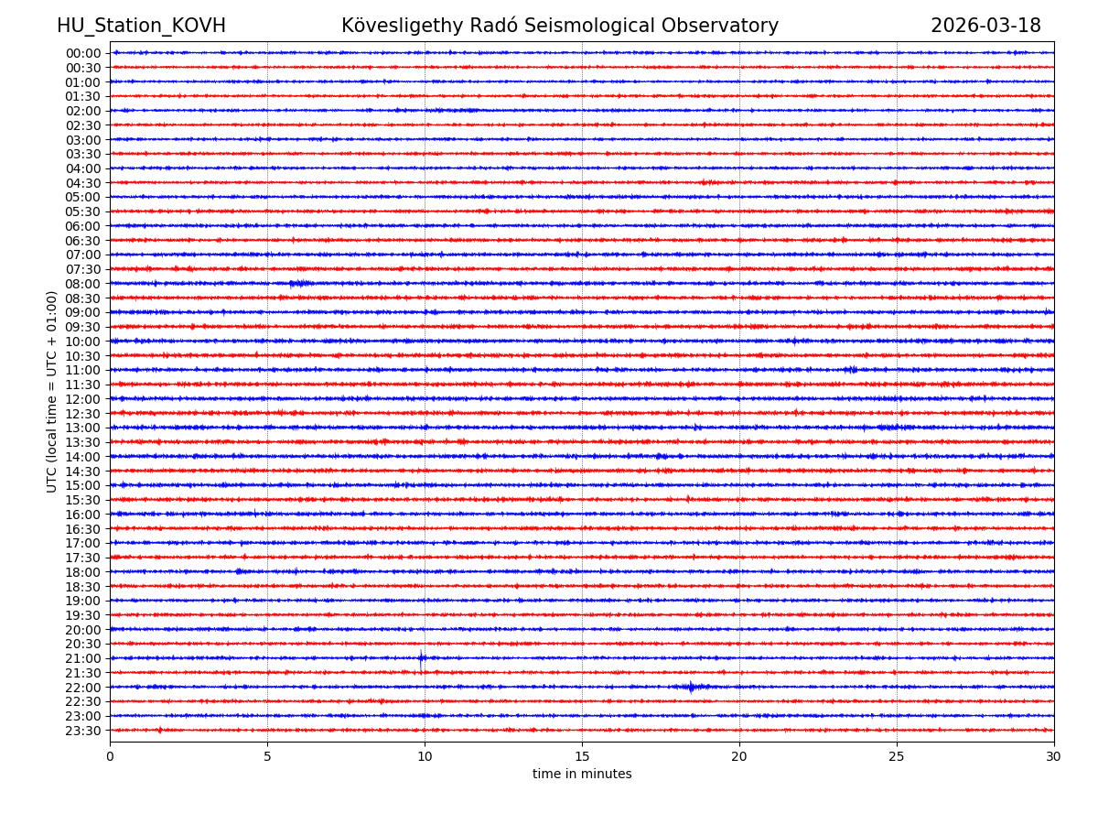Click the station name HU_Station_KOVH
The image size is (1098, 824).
(141, 26)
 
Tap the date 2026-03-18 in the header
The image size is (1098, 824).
(985, 26)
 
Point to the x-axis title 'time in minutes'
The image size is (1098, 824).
(582, 775)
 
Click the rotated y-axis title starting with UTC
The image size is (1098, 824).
(52, 392)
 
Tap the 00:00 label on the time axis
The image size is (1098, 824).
(83, 53)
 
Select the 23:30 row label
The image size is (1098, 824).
(83, 731)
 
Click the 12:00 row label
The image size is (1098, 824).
(83, 399)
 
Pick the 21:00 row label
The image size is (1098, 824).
(83, 658)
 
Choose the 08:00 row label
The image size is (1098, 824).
(83, 284)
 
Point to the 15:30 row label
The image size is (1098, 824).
(83, 500)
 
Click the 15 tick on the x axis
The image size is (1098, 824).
(582, 757)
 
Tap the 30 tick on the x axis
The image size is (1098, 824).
(1054, 757)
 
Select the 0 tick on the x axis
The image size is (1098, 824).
(110, 757)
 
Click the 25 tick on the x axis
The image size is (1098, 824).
(897, 757)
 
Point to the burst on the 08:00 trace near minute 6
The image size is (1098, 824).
(299, 284)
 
